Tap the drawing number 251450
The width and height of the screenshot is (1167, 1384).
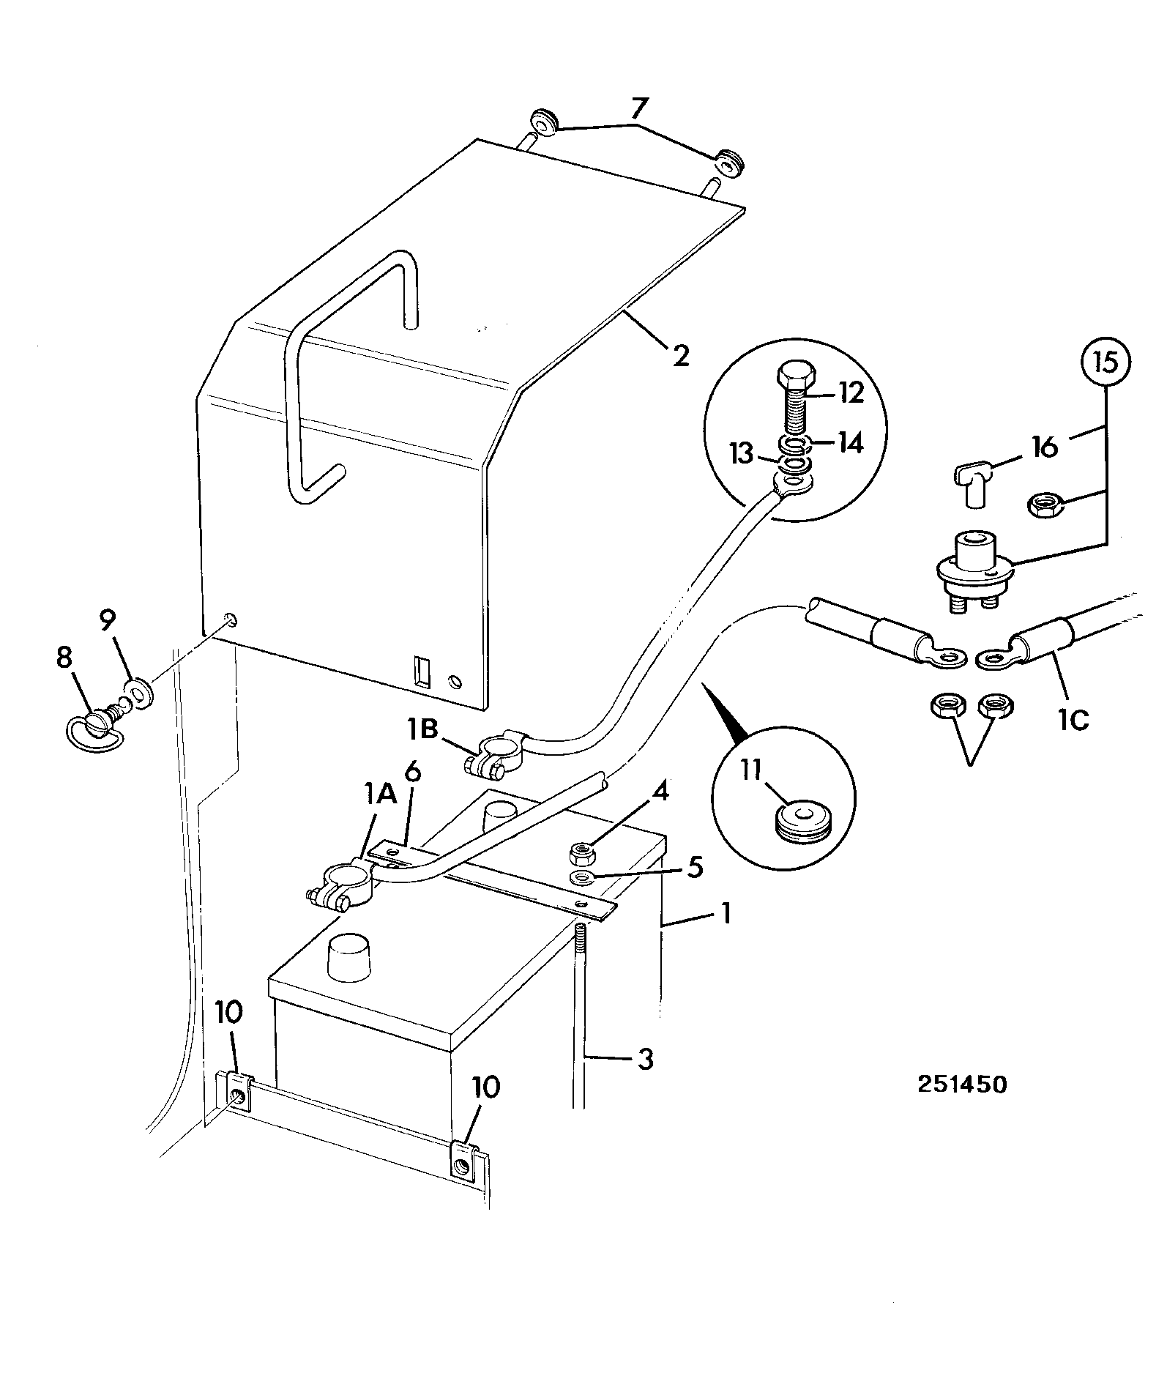point(962,1084)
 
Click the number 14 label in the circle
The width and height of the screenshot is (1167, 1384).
point(849,443)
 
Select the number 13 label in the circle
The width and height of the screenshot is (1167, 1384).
point(742,454)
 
